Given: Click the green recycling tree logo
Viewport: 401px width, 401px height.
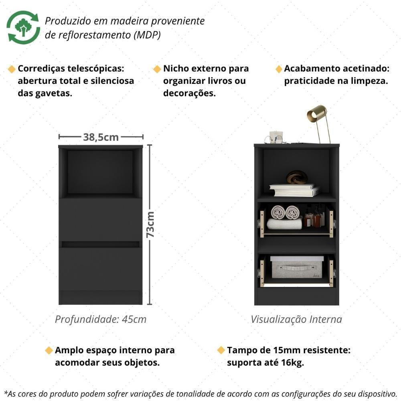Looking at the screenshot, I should pyautogui.click(x=23, y=27).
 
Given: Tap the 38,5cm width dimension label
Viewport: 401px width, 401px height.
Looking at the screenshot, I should pyautogui.click(x=101, y=137).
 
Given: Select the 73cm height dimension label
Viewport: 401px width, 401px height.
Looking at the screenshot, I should pyautogui.click(x=150, y=224).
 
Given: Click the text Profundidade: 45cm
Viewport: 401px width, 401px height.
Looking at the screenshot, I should pyautogui.click(x=101, y=319).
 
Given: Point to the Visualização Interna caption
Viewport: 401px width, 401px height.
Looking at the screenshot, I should pyautogui.click(x=296, y=319).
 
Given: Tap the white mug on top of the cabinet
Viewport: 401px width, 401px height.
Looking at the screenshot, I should pyautogui.click(x=276, y=136).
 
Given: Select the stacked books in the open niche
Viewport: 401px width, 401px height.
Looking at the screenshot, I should pyautogui.click(x=294, y=190).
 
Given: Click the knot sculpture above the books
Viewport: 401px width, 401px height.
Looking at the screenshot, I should pyautogui.click(x=297, y=177).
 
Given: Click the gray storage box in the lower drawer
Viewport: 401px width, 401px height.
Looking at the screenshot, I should pyautogui.click(x=297, y=267).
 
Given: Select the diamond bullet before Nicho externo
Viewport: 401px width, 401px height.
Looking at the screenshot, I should pyautogui.click(x=157, y=69).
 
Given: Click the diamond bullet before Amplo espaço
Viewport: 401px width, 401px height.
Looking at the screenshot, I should pyautogui.click(x=49, y=350).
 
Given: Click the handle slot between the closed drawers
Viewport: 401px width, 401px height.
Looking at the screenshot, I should pyautogui.click(x=100, y=244).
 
